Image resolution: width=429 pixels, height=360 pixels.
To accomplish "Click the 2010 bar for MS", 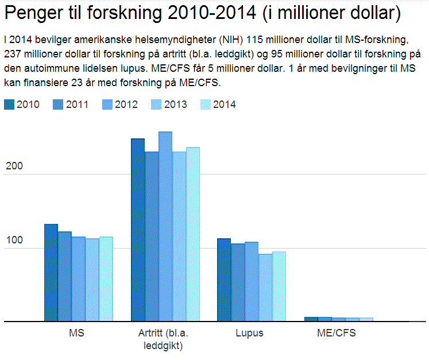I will click(51, 273).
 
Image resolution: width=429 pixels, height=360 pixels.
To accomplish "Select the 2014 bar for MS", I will click(106, 279).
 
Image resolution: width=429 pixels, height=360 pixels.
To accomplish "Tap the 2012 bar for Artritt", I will click(165, 227).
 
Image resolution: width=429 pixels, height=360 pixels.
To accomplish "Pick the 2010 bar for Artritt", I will click(138, 230).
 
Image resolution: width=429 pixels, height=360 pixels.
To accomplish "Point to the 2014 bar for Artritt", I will click(193, 234).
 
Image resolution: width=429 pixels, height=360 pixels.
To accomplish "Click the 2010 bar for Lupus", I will click(224, 280).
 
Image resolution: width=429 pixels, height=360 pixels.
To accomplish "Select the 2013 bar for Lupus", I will click(265, 288).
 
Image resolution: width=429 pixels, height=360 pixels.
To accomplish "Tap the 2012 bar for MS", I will click(79, 279).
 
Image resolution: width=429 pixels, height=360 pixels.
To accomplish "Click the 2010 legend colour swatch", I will click(9, 104).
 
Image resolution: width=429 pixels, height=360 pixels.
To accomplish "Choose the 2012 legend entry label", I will click(126, 104).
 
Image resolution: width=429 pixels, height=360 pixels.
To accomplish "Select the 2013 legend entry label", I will click(175, 104).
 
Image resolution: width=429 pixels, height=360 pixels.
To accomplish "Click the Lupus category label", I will click(249, 334).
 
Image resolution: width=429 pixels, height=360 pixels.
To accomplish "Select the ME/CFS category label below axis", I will click(337, 334).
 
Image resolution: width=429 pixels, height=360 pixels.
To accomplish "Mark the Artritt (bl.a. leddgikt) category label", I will click(163, 339).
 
